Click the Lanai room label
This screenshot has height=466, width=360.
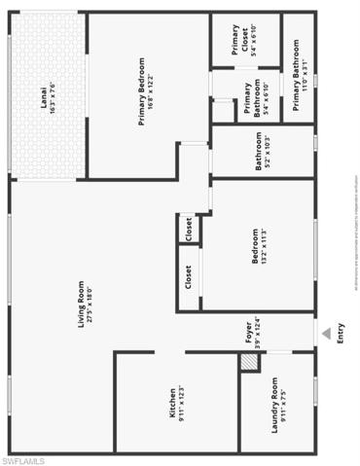click(45, 99)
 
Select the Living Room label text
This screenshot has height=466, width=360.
click(84, 302)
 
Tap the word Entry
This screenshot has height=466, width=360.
click(340, 334)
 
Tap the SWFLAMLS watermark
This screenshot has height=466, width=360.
click(23, 457)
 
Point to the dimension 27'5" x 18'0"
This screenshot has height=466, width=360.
click(90, 302)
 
